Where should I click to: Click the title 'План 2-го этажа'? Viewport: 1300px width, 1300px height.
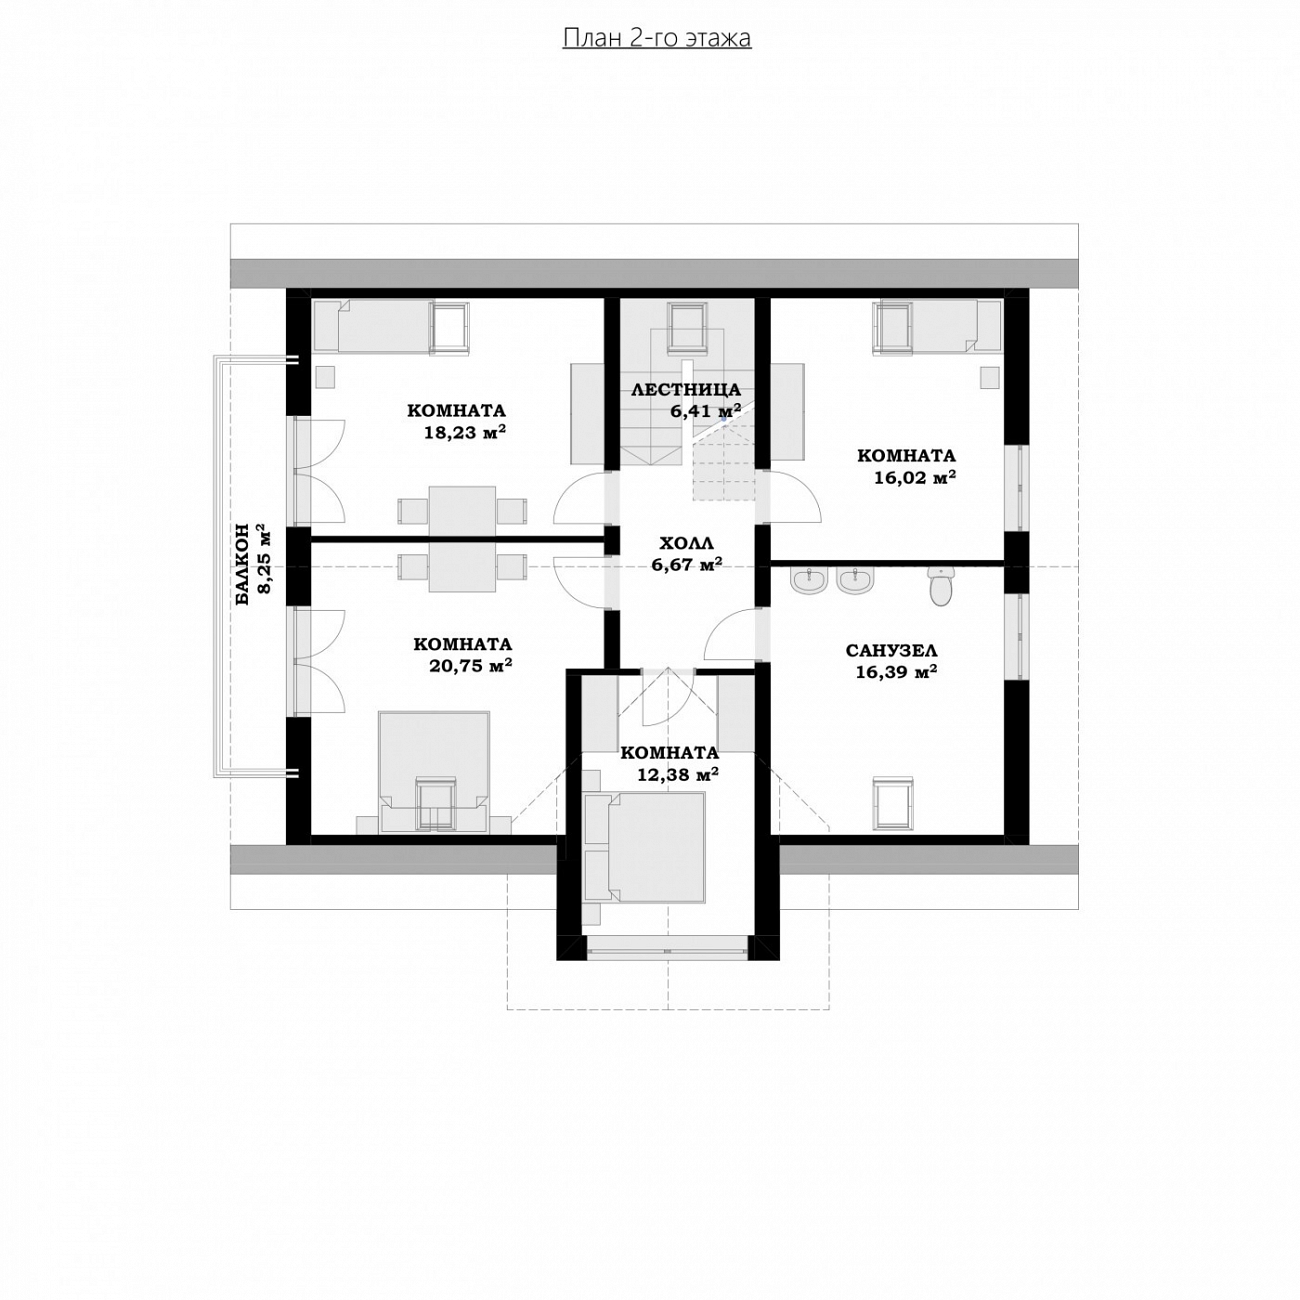click(656, 38)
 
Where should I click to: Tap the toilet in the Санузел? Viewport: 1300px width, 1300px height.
click(940, 585)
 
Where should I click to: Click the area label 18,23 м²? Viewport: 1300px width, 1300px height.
click(465, 432)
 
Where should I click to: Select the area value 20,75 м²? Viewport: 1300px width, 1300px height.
click(470, 666)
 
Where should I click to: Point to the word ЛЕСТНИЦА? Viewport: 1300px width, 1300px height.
click(686, 389)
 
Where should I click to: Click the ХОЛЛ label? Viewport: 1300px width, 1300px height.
click(686, 543)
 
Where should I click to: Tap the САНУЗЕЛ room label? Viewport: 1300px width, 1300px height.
click(891, 650)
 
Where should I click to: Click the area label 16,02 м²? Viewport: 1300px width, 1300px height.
click(915, 478)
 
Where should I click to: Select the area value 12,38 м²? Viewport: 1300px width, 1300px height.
click(677, 774)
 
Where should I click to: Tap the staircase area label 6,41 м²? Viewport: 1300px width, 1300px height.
click(705, 410)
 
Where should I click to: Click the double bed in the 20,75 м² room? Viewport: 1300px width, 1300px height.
click(434, 771)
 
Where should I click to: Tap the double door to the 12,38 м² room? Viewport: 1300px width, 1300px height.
click(667, 698)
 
